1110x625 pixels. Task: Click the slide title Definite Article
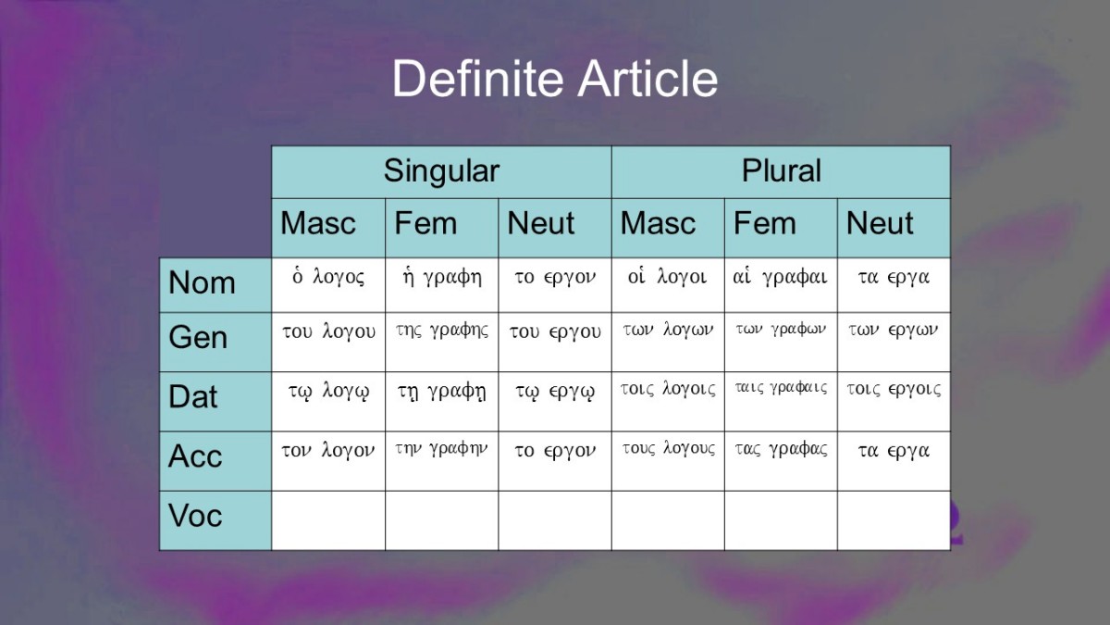(554, 79)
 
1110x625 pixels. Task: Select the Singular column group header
(441, 171)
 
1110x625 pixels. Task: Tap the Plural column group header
(781, 171)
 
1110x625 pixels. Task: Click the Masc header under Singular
(328, 228)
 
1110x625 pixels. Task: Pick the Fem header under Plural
(781, 228)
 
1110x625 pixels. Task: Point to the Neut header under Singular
(555, 228)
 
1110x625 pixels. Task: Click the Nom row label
(216, 285)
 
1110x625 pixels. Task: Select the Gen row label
(216, 342)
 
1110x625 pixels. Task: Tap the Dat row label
(216, 401)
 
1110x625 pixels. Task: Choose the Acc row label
(216, 461)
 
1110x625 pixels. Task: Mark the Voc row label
(216, 520)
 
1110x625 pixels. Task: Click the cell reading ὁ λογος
(328, 285)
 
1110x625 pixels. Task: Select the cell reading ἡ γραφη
(441, 285)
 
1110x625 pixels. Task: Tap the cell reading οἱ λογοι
(668, 285)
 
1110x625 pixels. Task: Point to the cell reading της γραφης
(441, 342)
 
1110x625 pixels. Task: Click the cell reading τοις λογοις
(668, 401)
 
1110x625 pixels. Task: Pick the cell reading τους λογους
(668, 461)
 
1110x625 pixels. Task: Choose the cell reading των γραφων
(781, 342)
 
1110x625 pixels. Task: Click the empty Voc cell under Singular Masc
(328, 520)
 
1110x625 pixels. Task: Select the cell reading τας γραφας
(781, 461)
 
